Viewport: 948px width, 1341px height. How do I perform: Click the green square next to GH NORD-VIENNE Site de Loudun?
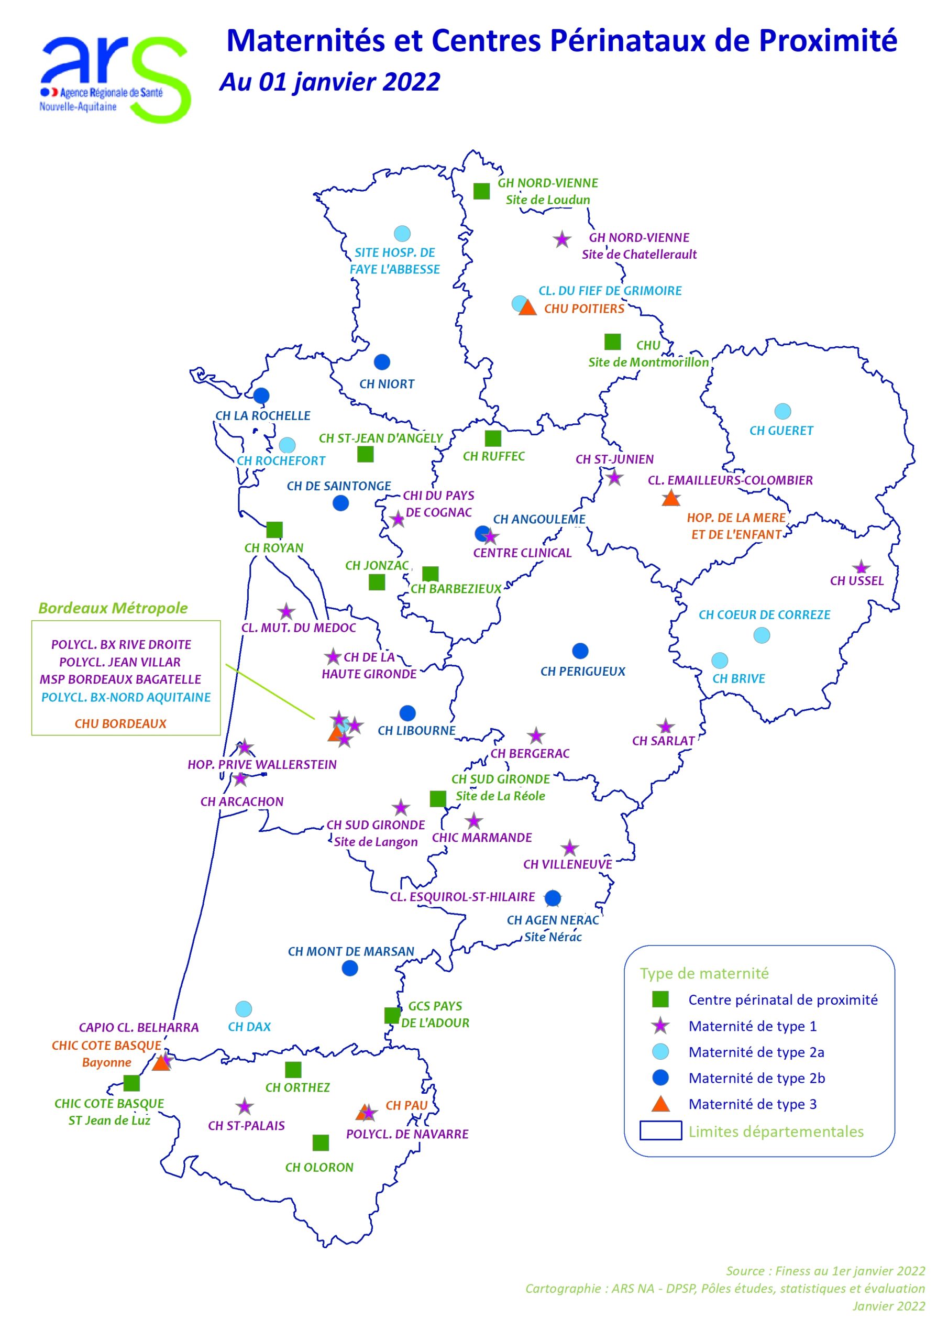[481, 191]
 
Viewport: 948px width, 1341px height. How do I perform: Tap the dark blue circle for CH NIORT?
[381, 362]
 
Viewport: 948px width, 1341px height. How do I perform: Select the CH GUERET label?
[781, 431]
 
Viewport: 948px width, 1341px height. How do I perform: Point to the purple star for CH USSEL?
[861, 567]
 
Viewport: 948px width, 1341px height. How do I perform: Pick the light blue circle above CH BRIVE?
[719, 661]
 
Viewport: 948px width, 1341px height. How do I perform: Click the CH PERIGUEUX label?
[582, 672]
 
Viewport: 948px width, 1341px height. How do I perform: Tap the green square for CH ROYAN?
[274, 530]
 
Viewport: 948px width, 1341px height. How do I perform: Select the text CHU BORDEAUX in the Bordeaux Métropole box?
[120, 723]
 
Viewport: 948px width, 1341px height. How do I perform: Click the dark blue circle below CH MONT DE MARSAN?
[349, 969]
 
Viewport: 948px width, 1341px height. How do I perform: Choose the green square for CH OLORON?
[320, 1142]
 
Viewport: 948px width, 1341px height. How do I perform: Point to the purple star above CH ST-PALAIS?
[244, 1106]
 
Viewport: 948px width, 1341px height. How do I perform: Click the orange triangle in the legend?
[660, 1104]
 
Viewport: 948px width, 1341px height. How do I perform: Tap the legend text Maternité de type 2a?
[756, 1052]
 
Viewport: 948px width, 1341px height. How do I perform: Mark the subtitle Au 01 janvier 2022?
[329, 82]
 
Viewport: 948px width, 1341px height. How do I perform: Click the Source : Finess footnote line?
[825, 1271]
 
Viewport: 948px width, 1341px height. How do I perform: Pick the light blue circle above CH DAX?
[243, 1009]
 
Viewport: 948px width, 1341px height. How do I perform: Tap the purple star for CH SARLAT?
[665, 727]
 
